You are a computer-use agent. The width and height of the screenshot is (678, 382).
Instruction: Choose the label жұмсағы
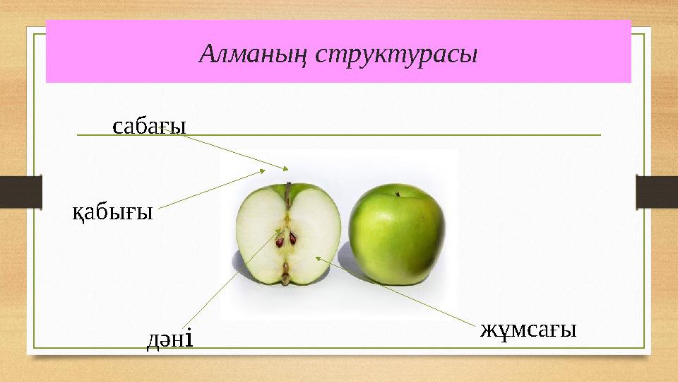coord(528,329)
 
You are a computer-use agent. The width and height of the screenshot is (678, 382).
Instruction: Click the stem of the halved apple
coord(288,192)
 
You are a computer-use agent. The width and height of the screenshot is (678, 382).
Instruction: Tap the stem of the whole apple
coord(398,193)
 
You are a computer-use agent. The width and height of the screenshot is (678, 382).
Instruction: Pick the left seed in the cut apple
coord(280,241)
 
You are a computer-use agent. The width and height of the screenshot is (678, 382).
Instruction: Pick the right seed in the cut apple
coord(292,238)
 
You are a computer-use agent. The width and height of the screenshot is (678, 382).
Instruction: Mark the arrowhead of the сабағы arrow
coord(287,168)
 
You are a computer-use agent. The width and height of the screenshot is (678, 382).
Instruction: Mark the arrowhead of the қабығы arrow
coord(263,170)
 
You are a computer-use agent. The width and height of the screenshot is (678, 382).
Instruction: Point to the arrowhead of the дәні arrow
coord(276,232)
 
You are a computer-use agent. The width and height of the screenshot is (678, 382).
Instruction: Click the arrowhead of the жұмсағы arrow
coord(318,259)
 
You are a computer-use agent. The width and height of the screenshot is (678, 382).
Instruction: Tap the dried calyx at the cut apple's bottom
coord(285,272)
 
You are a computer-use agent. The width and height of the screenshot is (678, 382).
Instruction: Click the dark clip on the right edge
coord(656,192)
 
